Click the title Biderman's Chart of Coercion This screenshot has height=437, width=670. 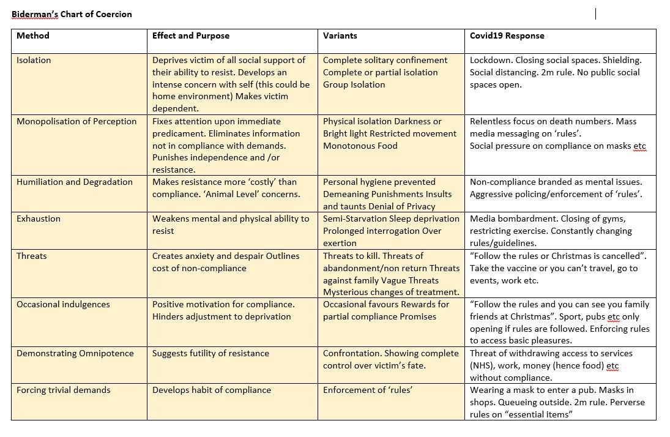coord(72,14)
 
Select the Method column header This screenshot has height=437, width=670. coord(33,35)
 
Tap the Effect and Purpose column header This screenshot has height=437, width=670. coord(191,35)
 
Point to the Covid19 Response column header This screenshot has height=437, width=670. coord(507,35)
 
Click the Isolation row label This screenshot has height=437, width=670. coord(34,60)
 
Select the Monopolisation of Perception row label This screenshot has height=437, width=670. coord(76,121)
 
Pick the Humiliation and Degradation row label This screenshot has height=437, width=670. coord(75,182)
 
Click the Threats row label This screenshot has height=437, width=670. coord(32,256)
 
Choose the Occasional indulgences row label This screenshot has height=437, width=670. coord(63,304)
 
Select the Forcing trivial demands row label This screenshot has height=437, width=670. coord(64,390)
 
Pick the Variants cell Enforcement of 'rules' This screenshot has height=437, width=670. coord(367,390)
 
